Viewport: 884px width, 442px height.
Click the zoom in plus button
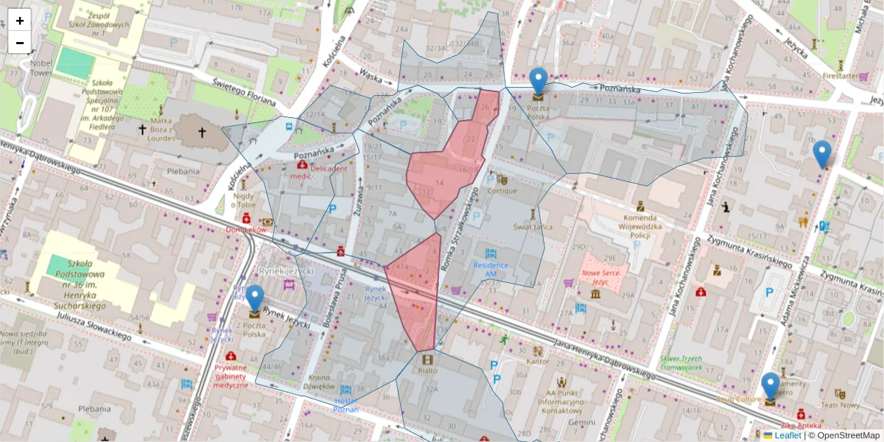(x=20, y=21)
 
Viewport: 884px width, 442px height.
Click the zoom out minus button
(x=20, y=43)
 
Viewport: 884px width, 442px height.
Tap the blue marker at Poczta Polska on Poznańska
(x=539, y=81)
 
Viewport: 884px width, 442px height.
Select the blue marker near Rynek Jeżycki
(x=255, y=299)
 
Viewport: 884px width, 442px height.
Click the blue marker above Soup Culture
(x=770, y=386)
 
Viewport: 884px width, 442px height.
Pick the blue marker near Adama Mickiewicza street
(x=822, y=154)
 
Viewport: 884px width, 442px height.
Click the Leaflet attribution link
(x=787, y=435)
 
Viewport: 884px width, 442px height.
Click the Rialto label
(x=427, y=371)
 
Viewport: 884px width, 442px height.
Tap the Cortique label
(x=502, y=191)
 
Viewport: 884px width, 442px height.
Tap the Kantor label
(x=538, y=362)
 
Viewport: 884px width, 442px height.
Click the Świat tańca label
(x=533, y=227)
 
